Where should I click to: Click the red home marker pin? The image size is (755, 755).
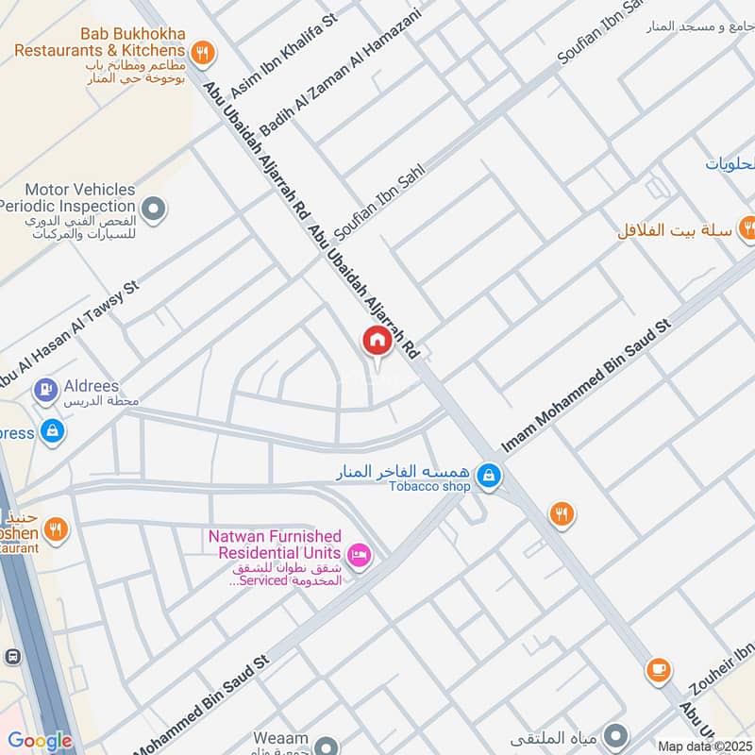pos(377,342)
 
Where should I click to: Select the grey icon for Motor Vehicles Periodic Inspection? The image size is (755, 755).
pos(153,207)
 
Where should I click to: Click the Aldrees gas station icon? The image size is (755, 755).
pos(45,389)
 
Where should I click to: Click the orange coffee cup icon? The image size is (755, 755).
pos(658,670)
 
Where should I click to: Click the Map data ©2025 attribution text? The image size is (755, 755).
pos(704,746)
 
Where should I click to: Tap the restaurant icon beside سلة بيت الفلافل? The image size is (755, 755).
pos(747,226)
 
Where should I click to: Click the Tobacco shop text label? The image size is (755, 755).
pos(430,487)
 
